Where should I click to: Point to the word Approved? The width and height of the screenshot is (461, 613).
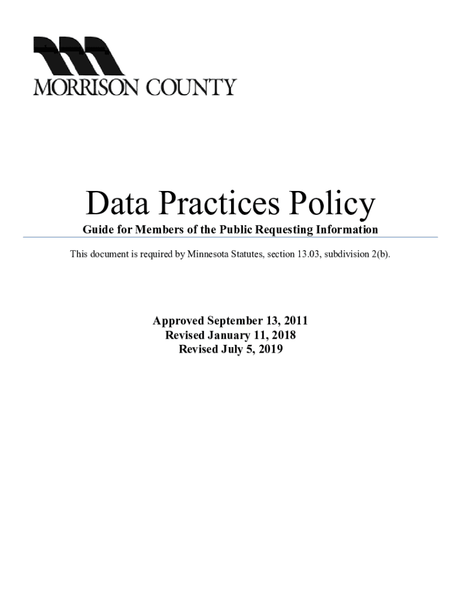(x=179, y=321)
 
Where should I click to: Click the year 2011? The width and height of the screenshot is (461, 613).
(x=295, y=321)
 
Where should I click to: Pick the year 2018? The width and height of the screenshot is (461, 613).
(x=283, y=336)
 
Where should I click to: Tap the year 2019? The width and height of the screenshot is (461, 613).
(x=269, y=350)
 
